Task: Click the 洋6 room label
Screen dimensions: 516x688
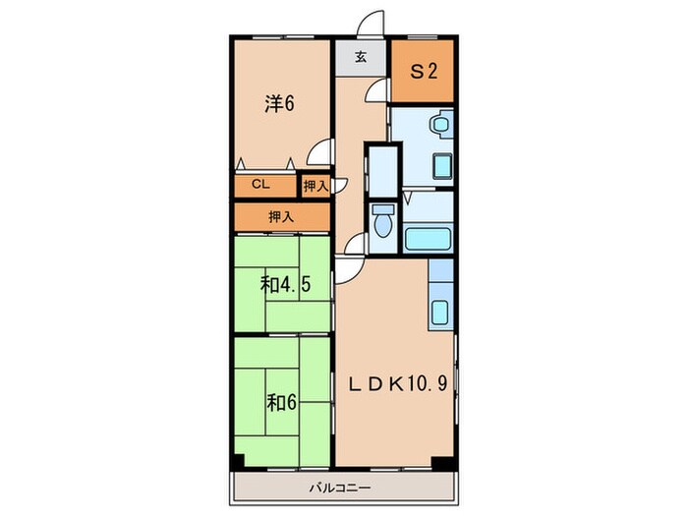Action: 279,103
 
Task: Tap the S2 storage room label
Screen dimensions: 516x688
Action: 423,71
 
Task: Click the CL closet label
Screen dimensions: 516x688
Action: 259,184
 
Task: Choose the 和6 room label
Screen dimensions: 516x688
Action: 279,402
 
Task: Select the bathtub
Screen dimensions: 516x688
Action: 428,239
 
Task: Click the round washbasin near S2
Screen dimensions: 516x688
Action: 441,125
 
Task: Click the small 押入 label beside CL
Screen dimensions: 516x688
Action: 315,185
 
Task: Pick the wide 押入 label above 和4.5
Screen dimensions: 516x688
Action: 282,215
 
